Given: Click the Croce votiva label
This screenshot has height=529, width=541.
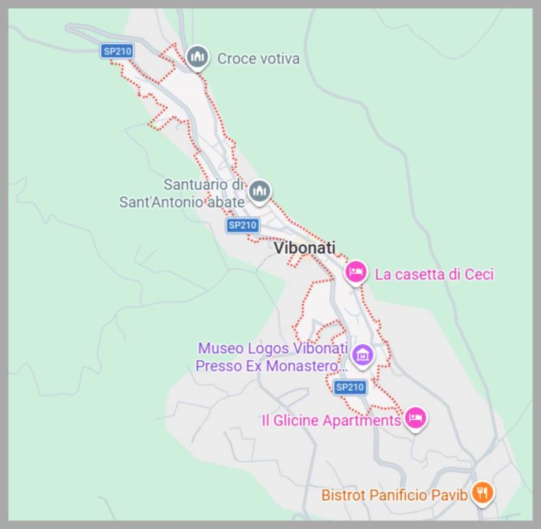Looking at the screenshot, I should [x=258, y=59].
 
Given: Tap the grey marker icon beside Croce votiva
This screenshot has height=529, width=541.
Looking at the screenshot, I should [x=198, y=56].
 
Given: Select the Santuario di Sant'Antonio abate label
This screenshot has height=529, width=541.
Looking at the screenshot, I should [x=182, y=194].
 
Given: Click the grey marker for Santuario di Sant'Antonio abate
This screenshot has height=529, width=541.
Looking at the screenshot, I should [x=259, y=191].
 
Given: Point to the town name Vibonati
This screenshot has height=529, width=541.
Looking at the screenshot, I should [x=304, y=248].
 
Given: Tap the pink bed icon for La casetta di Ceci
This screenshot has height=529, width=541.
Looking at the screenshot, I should [x=356, y=272].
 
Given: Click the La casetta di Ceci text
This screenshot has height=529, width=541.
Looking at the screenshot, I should [x=434, y=274].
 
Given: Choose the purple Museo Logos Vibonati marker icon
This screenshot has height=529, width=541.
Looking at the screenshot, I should [x=362, y=355].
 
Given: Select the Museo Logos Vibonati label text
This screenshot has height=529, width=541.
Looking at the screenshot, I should [x=273, y=357].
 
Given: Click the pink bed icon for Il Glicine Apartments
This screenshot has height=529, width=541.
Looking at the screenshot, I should [x=414, y=417].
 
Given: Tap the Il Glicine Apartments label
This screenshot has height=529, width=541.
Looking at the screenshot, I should [x=331, y=420].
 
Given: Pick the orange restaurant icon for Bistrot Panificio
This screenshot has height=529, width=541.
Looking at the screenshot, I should [x=483, y=492].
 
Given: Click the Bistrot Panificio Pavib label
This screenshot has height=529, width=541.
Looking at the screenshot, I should [x=394, y=495].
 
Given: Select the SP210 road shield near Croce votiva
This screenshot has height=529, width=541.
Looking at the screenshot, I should [x=117, y=51].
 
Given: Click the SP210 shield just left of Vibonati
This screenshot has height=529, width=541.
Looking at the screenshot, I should [x=242, y=225].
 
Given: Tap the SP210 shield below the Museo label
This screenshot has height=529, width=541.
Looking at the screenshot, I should [x=349, y=387].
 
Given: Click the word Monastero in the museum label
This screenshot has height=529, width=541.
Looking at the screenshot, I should [x=304, y=366].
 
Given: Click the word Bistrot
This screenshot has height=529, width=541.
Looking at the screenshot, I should [x=344, y=495].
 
